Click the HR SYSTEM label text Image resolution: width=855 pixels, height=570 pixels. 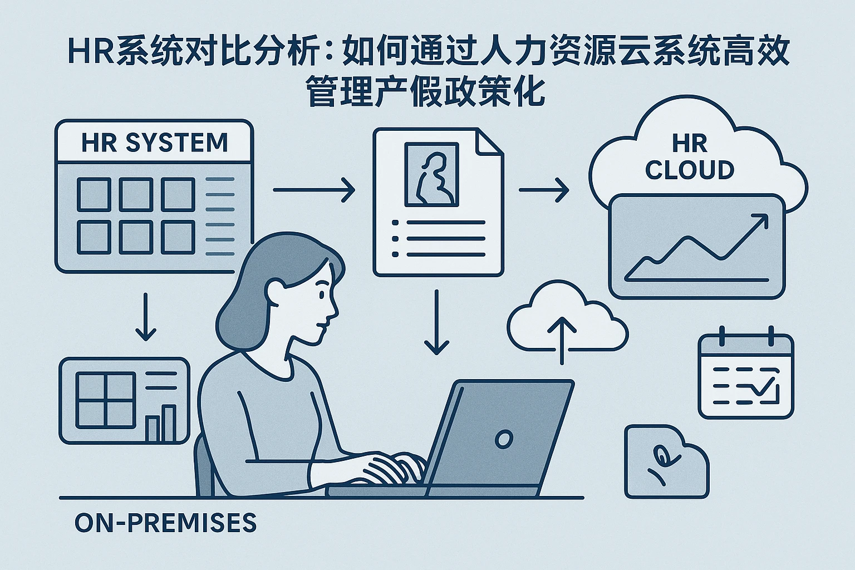[x=154, y=142]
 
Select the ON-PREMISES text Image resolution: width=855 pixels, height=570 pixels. [x=165, y=523]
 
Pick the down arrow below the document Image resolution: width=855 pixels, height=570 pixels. [x=436, y=323]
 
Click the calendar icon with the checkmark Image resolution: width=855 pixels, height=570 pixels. [x=746, y=376]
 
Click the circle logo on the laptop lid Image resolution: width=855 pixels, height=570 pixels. [x=503, y=439]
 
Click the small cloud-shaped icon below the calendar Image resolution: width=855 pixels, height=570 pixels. [x=666, y=461]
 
